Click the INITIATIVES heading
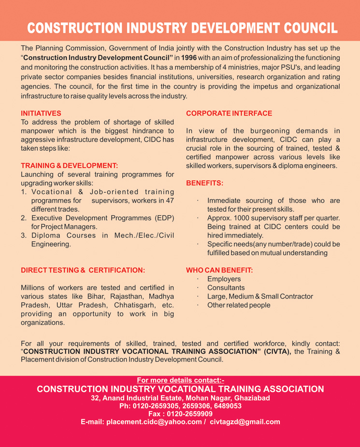pos(41,113)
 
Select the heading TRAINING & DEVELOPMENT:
pos(69,165)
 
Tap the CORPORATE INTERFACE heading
pos(229,113)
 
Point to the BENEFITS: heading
pos(204,184)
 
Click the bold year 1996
pos(189,58)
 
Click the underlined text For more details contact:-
pos(180,379)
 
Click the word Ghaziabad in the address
pos(245,398)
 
